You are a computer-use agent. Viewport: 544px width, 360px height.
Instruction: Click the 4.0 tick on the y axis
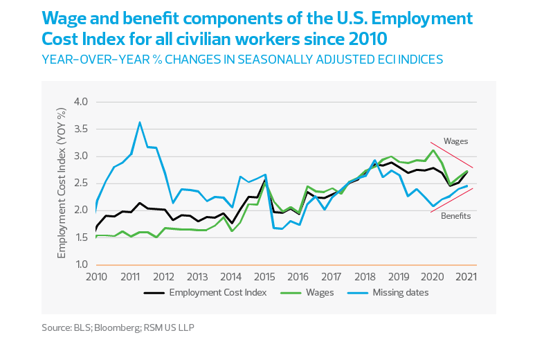(83, 102)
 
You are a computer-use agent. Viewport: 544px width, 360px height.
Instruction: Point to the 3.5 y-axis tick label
(83, 129)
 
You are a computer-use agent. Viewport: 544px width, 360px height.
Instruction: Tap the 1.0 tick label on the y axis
(83, 265)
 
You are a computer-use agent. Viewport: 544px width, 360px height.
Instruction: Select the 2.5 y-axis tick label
(83, 183)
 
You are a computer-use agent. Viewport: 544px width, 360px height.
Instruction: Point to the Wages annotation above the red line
(455, 141)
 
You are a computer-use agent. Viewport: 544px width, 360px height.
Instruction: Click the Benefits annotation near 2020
(455, 216)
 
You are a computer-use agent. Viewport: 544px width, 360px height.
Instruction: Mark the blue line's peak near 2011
(140, 123)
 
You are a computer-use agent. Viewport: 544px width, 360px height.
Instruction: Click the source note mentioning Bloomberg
(118, 326)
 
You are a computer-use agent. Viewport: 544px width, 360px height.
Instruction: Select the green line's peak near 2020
(433, 150)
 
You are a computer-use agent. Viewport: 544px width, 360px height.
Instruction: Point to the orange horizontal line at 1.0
(277, 265)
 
